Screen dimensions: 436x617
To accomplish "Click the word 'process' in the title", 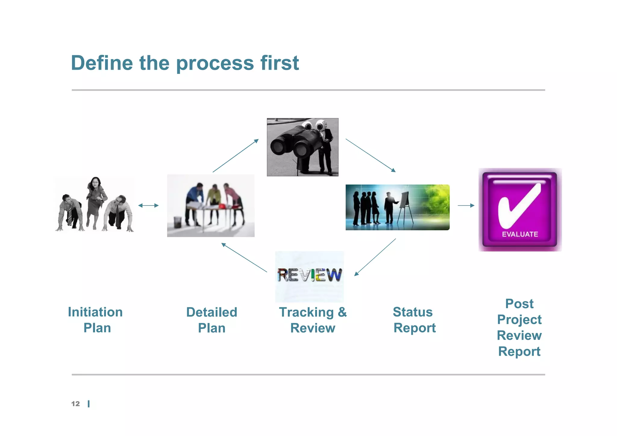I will point(215,63).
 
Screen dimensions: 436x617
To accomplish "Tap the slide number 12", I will point(75,404).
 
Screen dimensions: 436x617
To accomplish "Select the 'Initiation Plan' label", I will point(96,320).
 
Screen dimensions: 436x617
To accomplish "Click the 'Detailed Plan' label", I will point(211,320).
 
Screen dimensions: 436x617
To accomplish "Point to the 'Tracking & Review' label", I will point(313,320).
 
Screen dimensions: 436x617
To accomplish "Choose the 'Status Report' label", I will point(414,320).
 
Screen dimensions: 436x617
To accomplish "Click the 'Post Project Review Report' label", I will point(519,328).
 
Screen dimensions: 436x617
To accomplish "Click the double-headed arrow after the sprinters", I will point(148,205).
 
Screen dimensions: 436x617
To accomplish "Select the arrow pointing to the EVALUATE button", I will point(466,205).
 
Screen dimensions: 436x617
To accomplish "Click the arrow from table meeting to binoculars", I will point(236,155).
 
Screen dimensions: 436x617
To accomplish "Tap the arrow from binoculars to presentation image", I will point(371,155).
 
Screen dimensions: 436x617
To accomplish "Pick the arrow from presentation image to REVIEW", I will point(375,257).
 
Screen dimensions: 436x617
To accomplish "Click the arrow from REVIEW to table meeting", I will point(244,258).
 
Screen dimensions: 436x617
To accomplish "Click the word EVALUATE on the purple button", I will point(520,234).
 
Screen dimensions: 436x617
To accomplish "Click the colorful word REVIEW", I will point(309,275).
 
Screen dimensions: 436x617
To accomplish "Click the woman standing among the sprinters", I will point(96,199).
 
